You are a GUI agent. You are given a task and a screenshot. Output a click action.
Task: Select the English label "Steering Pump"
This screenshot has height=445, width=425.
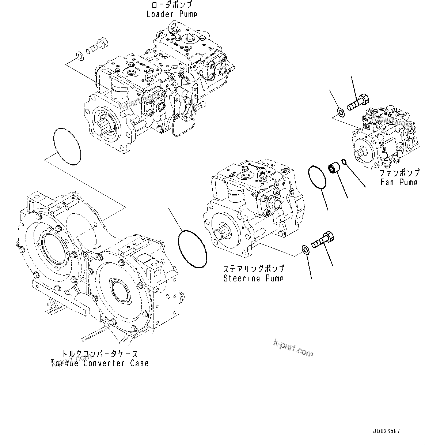coord(253,278)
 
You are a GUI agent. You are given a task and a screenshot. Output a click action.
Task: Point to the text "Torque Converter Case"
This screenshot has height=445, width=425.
coord(100,363)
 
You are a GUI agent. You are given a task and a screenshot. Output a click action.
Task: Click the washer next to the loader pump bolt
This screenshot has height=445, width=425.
coord(79,56)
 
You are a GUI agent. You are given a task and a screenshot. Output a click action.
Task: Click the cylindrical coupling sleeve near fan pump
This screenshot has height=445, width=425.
coord(335,168)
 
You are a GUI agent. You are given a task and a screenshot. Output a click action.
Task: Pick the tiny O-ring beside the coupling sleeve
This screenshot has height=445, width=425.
coord(344,161)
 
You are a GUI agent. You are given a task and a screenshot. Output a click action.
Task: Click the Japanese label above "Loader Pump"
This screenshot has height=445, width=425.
coord(172,5)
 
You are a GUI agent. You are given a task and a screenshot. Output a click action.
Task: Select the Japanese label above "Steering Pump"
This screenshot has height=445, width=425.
coord(253,269)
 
